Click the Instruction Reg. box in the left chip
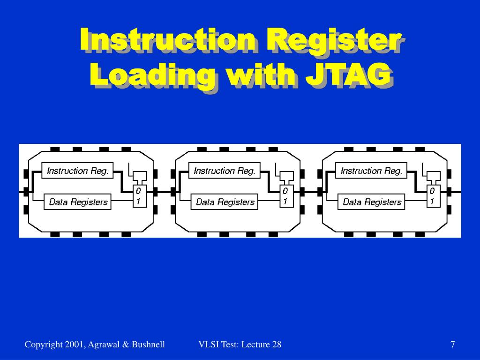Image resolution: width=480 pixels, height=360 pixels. [78, 171]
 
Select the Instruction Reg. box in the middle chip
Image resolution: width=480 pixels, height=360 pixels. [225, 171]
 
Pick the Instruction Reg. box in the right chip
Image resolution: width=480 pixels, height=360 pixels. [371, 171]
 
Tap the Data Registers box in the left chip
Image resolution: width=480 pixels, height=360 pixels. [78, 202]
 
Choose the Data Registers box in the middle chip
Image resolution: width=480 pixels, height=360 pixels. [225, 202]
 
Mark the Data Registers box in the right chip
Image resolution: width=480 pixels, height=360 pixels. [372, 202]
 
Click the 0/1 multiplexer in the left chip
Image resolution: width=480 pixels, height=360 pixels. [138, 196]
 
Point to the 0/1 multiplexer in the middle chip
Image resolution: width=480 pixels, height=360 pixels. [285, 196]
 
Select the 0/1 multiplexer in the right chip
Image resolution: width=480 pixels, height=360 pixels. [432, 196]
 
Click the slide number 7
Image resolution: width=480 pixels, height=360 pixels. [453, 345]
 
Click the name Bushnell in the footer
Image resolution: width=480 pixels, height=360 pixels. [148, 345]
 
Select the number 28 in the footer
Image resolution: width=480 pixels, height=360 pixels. [277, 345]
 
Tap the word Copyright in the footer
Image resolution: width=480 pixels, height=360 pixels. [43, 345]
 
